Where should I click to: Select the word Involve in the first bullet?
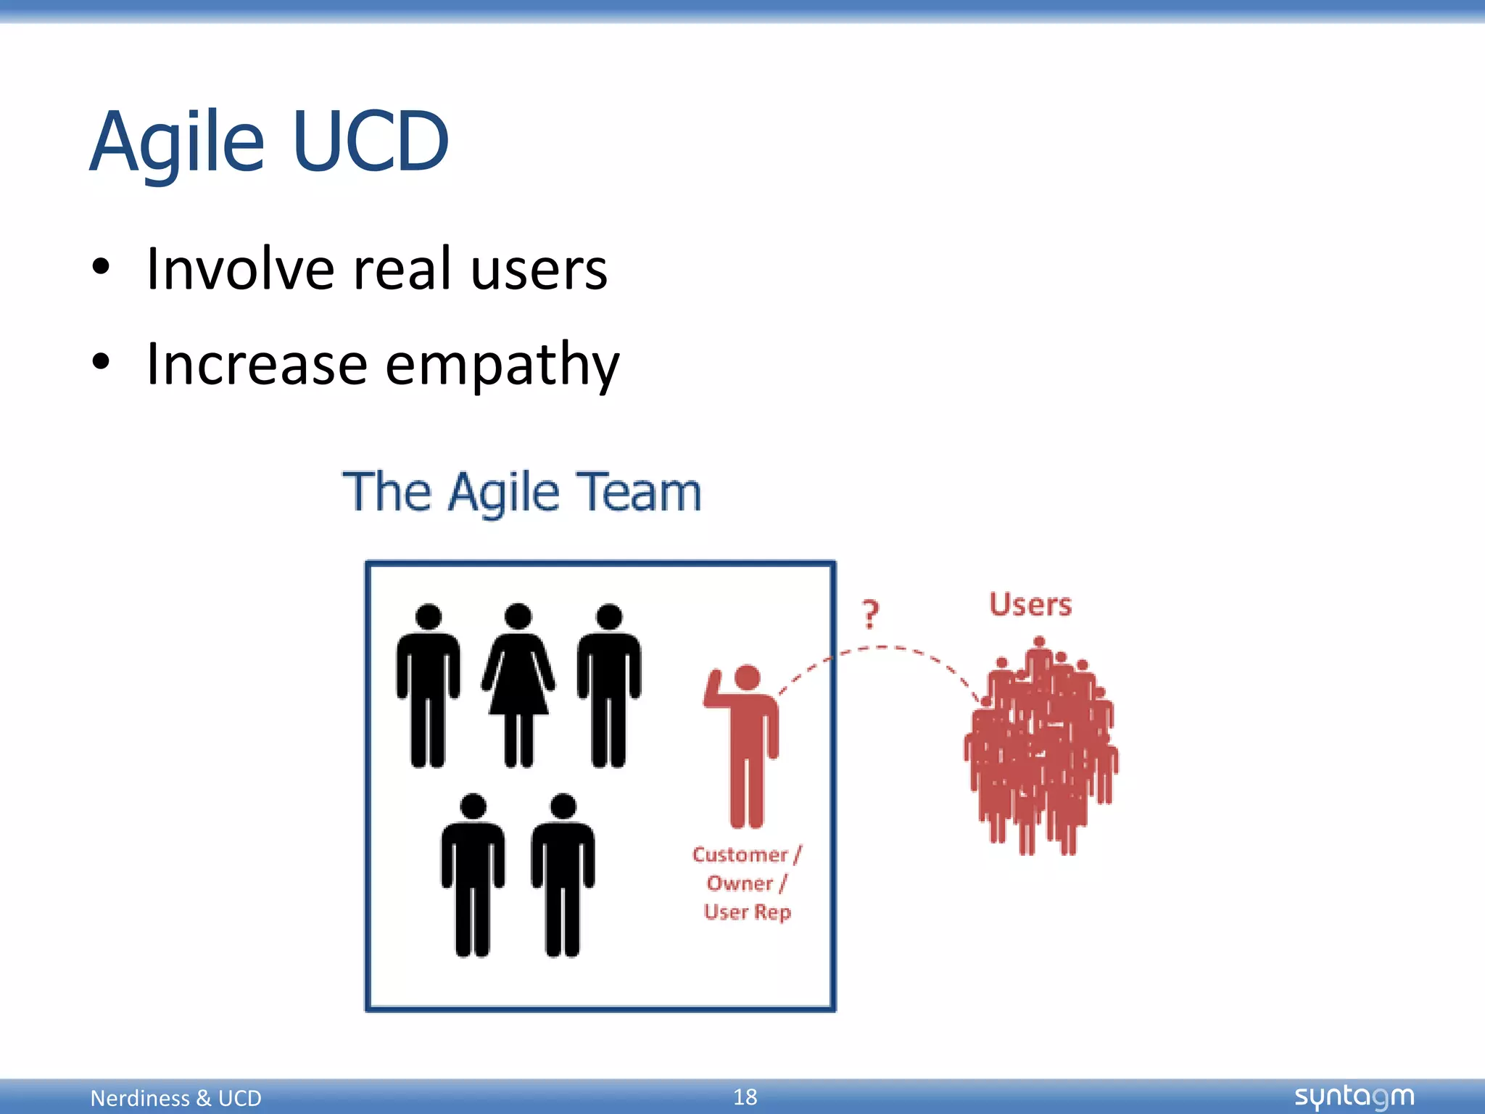240,269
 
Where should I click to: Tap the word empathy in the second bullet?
502,365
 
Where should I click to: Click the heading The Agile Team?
522,492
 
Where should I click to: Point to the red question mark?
870,614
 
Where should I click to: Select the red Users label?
1030,605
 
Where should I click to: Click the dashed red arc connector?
881,648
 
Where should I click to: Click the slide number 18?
745,1097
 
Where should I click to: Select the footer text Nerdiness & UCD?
175,1098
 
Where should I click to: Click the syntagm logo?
1354,1097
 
